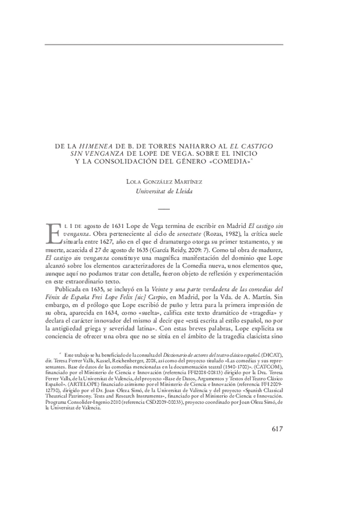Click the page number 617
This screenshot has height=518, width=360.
[x=277, y=428]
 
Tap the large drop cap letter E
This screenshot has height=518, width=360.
[x=53, y=233]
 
